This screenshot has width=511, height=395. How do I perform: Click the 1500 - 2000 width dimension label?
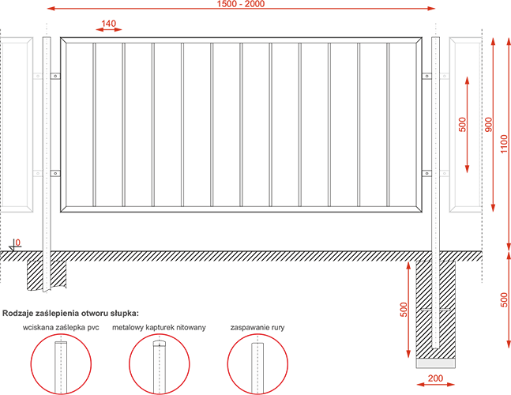[241, 4]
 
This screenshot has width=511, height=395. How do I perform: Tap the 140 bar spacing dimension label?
[108, 24]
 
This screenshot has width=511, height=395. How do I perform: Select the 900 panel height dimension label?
[489, 125]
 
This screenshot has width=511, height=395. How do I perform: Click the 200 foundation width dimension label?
[435, 378]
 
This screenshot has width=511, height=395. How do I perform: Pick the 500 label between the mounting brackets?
[463, 125]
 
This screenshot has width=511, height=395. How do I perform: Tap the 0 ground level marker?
[18, 243]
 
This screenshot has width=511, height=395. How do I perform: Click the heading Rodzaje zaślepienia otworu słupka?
[71, 314]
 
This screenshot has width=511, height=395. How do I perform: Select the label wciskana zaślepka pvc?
[61, 327]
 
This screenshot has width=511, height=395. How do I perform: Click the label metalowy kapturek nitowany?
[159, 327]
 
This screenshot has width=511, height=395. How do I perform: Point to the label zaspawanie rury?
[257, 327]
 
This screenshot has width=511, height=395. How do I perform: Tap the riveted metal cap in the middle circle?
[159, 344]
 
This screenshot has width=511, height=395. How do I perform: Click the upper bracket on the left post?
[55, 77]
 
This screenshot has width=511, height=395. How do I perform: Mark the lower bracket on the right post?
[427, 173]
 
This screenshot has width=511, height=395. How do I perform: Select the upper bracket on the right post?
[427, 77]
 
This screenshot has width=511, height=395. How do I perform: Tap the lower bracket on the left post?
[55, 173]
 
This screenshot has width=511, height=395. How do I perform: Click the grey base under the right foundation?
[436, 363]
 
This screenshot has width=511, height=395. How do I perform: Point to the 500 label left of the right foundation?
[404, 310]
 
